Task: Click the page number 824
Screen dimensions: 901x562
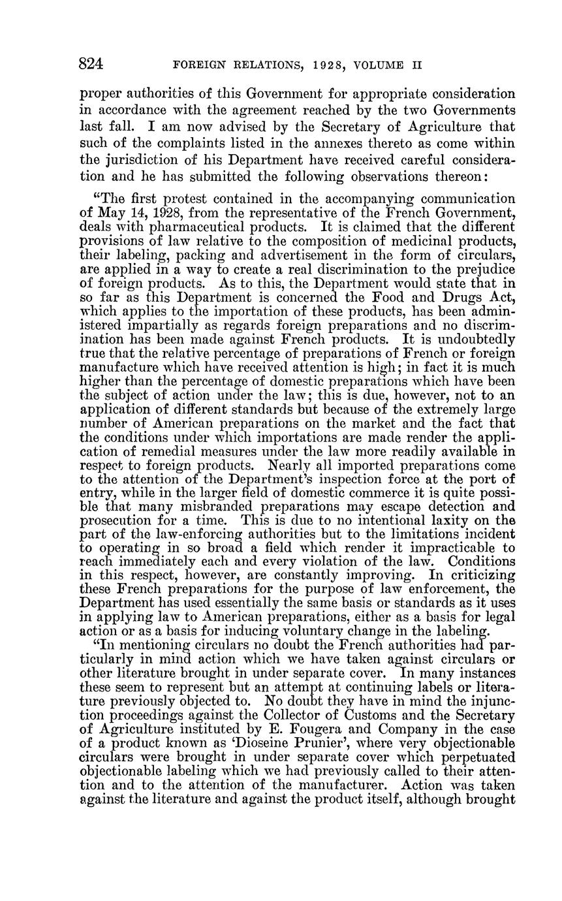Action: point(92,65)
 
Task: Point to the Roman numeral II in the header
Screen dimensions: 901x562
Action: point(418,66)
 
